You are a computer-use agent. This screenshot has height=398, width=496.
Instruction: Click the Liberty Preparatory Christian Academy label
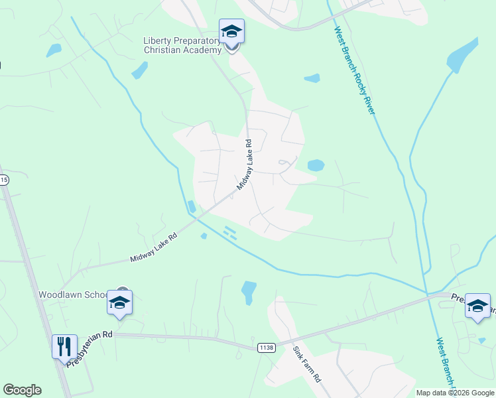(x=182, y=45)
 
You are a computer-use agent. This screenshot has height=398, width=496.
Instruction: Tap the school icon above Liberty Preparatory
(x=231, y=32)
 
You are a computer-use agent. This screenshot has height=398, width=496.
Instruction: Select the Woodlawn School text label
(x=72, y=295)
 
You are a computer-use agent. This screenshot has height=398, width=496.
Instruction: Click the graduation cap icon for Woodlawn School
(x=119, y=303)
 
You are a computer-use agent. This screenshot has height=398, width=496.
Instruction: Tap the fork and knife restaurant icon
(x=64, y=346)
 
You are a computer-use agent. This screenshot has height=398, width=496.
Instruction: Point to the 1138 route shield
(x=266, y=348)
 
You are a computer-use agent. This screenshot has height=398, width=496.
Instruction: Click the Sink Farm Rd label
(x=307, y=366)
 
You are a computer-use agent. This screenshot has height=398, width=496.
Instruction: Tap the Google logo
(x=22, y=390)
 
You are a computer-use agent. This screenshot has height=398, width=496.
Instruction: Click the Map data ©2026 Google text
(x=455, y=393)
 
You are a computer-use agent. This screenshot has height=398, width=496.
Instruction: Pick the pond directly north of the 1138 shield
(x=249, y=291)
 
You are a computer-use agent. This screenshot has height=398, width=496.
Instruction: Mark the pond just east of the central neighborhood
(x=316, y=165)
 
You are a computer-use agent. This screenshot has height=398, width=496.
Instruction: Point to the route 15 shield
(x=4, y=180)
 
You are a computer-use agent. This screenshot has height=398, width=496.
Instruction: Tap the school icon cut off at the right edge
(x=477, y=306)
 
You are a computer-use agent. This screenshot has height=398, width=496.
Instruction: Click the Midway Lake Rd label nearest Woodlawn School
(x=154, y=247)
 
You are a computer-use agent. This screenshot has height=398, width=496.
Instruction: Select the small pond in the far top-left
(x=54, y=50)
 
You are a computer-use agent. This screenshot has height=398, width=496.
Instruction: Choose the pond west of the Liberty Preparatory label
(x=139, y=70)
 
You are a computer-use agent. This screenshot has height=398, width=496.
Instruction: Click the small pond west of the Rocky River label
(x=312, y=78)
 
